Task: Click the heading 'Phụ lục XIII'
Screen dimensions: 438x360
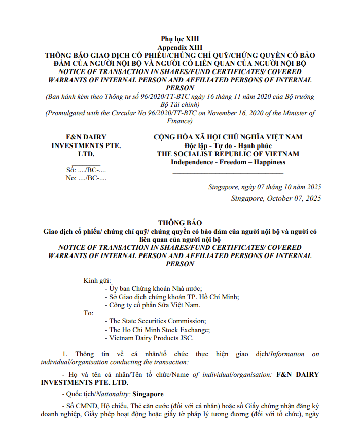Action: [x=180, y=39]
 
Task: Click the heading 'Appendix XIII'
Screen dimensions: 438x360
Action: [x=180, y=47]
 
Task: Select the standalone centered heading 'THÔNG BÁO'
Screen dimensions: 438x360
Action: [x=180, y=223]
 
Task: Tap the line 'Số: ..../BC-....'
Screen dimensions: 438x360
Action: [x=83, y=170]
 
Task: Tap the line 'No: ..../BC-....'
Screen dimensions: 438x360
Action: [x=83, y=178]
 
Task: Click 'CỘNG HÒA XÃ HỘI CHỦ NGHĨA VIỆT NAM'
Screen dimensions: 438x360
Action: [x=228, y=137]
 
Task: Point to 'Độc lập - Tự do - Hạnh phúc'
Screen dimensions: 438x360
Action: [x=228, y=145]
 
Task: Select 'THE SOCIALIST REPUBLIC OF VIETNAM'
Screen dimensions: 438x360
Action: [x=228, y=154]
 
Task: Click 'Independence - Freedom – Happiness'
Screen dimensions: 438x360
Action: [x=228, y=162]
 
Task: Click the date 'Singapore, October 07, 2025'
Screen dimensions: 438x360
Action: [x=276, y=198]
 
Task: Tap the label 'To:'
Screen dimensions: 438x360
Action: [x=88, y=313]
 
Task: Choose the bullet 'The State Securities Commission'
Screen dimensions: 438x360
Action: [x=157, y=321]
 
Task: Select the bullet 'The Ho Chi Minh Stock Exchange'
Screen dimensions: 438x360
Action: [x=159, y=330]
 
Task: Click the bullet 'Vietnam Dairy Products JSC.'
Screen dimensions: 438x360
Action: [x=151, y=338]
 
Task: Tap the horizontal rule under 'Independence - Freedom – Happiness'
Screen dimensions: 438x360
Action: [x=228, y=173]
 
